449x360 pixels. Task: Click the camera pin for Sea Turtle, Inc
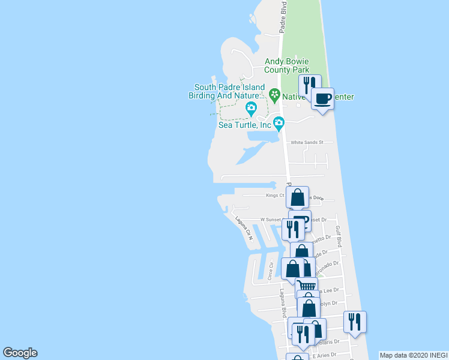tap(279, 124)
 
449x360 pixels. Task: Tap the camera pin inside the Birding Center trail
tap(251, 109)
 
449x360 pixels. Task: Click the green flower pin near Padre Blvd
tap(274, 94)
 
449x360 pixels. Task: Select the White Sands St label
tap(307, 142)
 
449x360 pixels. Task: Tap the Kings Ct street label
tap(275, 195)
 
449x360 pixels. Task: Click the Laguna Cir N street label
tap(244, 229)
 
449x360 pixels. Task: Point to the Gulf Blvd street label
tap(338, 236)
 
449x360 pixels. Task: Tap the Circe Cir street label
tap(271, 271)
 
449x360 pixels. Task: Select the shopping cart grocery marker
tap(307, 286)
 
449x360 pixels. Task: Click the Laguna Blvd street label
tap(282, 303)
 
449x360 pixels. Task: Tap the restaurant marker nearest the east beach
tap(355, 322)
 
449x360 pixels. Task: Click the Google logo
tap(20, 353)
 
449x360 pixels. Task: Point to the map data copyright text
tap(414, 355)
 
